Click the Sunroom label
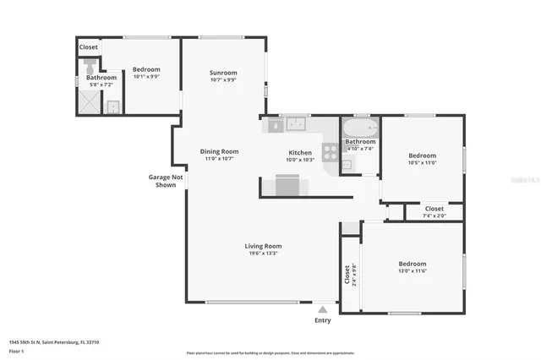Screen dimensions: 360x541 [223, 73]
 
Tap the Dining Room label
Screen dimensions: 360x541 [219, 151]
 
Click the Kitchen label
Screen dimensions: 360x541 [300, 153]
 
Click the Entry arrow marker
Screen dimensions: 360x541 [323, 309]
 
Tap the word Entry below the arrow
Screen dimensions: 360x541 [323, 320]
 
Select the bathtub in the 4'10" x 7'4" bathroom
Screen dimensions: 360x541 [359, 128]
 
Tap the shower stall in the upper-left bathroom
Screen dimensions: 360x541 [88, 102]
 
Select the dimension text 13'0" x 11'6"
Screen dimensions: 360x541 [413, 271]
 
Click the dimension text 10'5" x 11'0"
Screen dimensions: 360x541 [422, 162]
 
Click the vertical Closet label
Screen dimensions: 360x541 [347, 275]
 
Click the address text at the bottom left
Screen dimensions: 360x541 [54, 342]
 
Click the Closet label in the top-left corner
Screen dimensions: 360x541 [89, 47]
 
